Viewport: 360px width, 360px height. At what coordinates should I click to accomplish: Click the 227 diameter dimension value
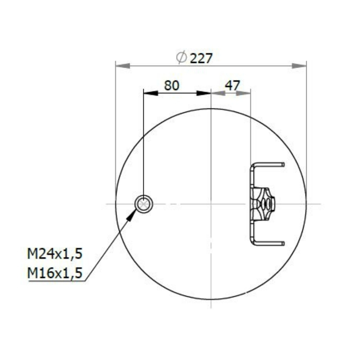pos(201,58)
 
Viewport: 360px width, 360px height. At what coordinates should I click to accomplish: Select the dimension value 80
pos(171,85)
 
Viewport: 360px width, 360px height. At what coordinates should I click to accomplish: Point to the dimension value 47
pos(232,85)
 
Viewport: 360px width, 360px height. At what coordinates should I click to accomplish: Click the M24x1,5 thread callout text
pos(55,254)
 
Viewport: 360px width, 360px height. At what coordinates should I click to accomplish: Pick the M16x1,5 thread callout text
pos(55,273)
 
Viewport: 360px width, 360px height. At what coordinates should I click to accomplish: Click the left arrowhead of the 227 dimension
pos(123,66)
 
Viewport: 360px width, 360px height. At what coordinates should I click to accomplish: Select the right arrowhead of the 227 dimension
pos(299,66)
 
